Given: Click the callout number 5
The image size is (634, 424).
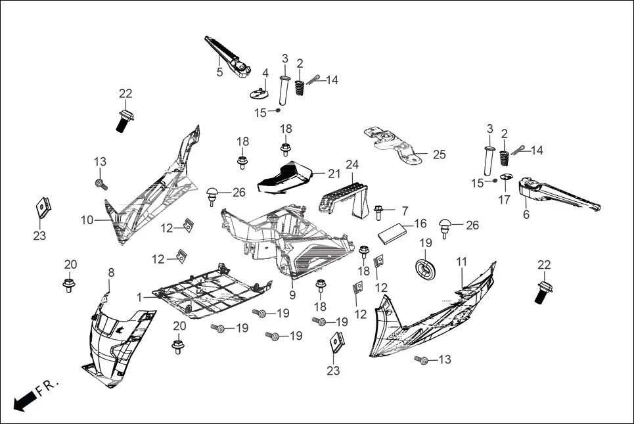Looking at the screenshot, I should [x=219, y=72].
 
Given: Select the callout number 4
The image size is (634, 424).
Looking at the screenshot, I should [x=265, y=72].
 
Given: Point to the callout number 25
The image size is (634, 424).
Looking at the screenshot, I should [x=439, y=154].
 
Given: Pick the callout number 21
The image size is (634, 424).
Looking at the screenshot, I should [x=334, y=174].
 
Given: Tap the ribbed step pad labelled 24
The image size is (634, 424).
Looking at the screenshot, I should [x=343, y=195].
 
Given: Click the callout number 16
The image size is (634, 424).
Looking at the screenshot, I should [x=420, y=224].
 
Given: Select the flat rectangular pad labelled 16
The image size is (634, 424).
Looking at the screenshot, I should [x=395, y=232].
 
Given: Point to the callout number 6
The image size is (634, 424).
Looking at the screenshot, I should [x=526, y=214].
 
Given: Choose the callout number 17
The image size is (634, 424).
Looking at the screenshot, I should [x=504, y=200].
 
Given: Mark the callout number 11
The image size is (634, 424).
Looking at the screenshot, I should [x=462, y=262].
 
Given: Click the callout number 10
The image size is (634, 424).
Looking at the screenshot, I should [x=87, y=220].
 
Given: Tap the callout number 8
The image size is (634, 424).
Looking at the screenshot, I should [x=110, y=272].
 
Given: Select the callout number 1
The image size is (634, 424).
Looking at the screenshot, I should [x=139, y=298].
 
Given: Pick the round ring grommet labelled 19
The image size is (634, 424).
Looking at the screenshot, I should [x=426, y=268].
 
